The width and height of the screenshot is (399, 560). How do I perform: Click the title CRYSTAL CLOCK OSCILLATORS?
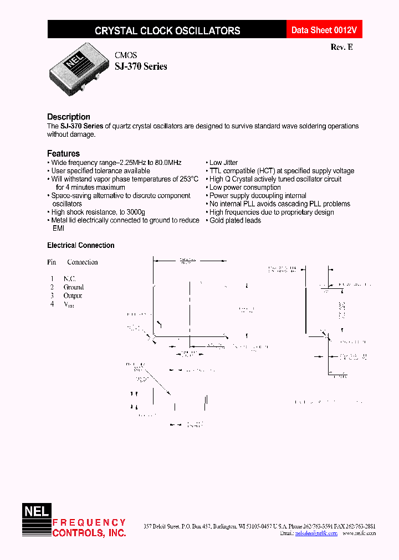coord(167,31)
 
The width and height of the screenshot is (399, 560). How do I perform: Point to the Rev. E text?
coord(341,47)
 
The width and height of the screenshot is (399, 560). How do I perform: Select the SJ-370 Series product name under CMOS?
coord(141,66)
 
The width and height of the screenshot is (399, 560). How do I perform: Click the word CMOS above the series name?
coord(126,55)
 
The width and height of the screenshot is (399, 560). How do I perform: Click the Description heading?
coord(69,117)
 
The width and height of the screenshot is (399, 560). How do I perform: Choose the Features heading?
coord(63,153)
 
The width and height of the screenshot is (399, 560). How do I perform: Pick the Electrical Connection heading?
coord(81,245)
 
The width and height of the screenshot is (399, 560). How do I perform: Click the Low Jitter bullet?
coord(223,163)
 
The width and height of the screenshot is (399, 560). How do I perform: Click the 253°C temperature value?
coord(185,179)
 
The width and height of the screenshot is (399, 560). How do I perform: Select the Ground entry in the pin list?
coord(74,287)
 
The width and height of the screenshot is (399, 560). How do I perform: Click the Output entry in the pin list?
coord(73,295)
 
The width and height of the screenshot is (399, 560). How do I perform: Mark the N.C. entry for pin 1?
coord(69,279)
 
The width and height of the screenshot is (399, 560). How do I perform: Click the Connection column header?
coord(83,262)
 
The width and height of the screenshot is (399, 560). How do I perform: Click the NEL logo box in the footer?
coord(36,512)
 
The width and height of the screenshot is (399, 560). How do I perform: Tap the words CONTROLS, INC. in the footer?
coord(89,533)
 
